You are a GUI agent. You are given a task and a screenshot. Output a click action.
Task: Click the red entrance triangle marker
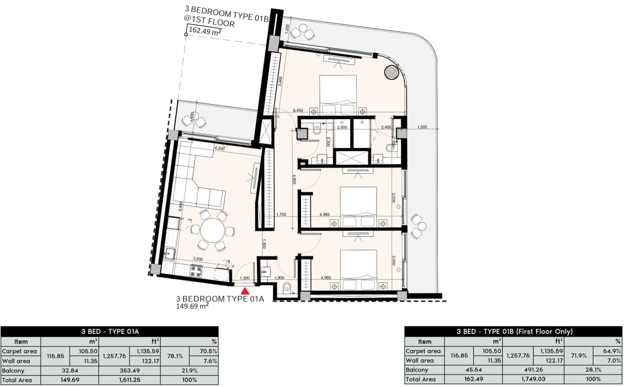(245, 291)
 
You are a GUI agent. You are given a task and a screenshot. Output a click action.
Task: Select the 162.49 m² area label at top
(205, 31)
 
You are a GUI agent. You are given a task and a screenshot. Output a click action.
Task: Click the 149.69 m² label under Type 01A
(192, 306)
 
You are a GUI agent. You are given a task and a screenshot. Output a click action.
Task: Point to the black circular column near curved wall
(391, 72)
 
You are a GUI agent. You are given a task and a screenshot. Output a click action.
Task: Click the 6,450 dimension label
(298, 111)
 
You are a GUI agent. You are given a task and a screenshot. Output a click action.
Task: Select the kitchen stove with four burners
(197, 270)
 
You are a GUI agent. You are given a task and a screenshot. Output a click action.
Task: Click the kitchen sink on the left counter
(169, 254)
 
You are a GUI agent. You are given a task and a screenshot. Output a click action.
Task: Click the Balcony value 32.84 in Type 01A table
(70, 370)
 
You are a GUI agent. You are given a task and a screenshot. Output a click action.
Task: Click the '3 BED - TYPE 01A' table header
(109, 331)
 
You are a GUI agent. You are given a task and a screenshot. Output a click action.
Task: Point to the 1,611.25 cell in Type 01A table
(129, 380)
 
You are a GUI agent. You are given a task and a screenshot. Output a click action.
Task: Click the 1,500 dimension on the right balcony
(422, 127)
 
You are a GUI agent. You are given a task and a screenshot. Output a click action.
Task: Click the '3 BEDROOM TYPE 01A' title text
(220, 299)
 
